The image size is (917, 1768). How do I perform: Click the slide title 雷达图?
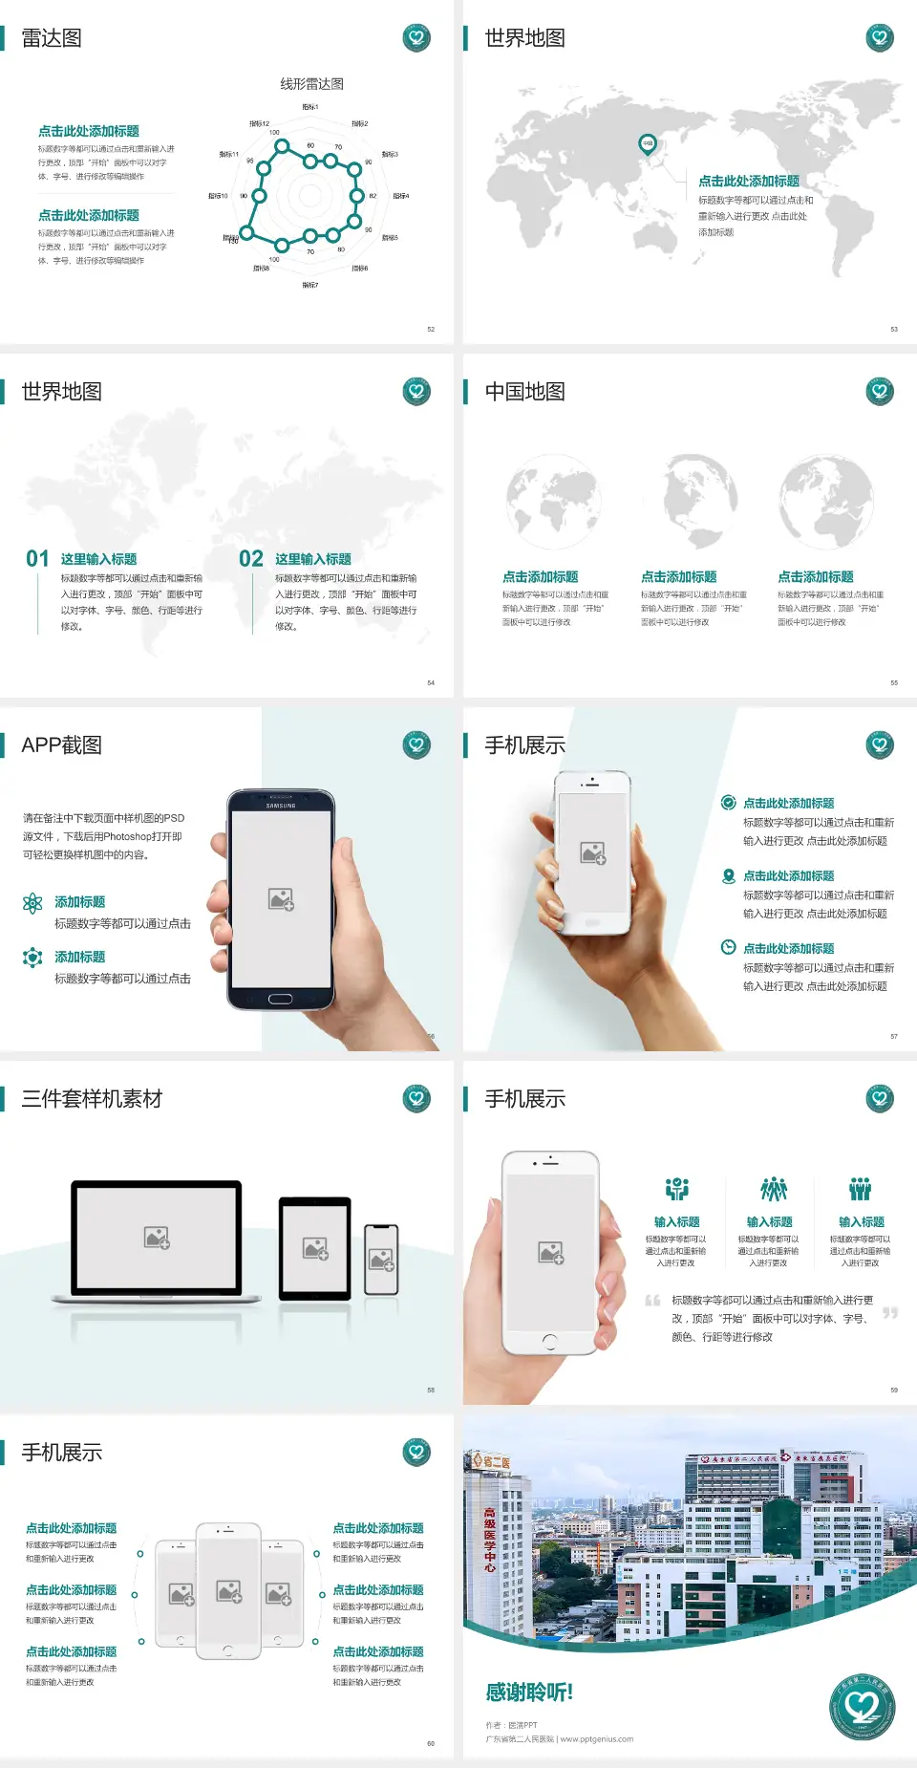[52, 38]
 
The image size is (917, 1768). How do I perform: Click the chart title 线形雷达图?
[311, 84]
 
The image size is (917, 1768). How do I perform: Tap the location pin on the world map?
[647, 144]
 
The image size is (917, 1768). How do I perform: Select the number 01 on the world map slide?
[37, 559]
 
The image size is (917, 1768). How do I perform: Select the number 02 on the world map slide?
[251, 559]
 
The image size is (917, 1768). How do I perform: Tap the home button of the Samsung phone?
[280, 999]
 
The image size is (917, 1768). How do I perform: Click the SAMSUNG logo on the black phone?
[281, 806]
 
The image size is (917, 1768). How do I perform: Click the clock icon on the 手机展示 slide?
[728, 947]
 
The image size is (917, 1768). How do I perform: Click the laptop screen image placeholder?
[157, 1238]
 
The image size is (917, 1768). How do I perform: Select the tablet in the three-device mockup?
[315, 1247]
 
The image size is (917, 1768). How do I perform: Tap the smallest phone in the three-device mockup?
[381, 1260]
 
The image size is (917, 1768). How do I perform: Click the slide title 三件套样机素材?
[92, 1099]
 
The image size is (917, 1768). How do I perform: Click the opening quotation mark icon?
[652, 1301]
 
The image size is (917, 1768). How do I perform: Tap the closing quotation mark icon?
[890, 1313]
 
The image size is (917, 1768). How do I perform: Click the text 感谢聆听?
[529, 1693]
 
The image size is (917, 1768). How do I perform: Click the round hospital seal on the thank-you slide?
[862, 1707]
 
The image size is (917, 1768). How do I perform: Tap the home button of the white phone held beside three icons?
[549, 1342]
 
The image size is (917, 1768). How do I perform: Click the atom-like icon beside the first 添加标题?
[32, 903]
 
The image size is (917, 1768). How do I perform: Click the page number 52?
[431, 329]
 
